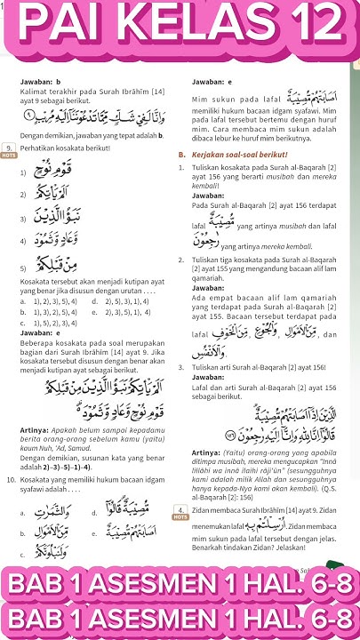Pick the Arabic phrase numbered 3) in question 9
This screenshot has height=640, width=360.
59,215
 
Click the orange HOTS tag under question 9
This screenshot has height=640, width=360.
9,156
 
